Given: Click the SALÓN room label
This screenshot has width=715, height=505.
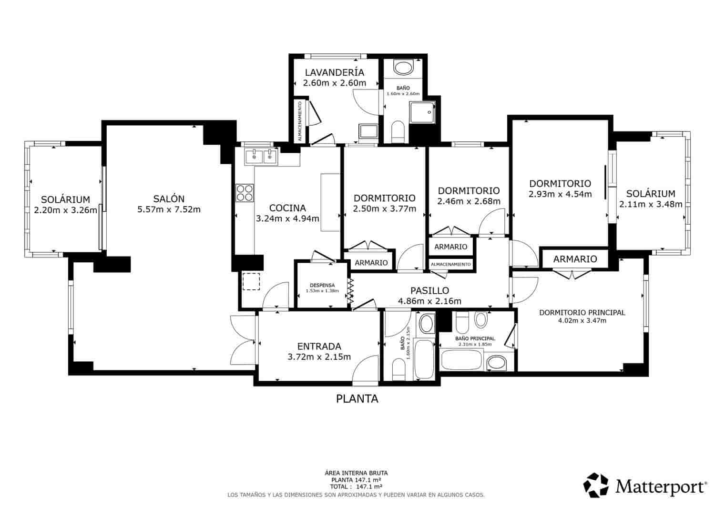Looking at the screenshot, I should pos(169,199).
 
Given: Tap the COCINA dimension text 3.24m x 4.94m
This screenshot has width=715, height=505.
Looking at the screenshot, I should pos(287,219).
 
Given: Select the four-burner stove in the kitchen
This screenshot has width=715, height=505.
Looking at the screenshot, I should pos(245,193).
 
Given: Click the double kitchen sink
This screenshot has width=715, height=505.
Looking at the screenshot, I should pos(261,156).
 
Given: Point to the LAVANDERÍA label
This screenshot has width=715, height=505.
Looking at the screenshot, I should pos(334,72).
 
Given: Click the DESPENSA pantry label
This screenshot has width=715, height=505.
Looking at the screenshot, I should pos(322,285).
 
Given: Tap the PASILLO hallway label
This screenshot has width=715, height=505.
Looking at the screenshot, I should pos(429,290).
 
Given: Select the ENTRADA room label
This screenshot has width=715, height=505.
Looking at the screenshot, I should pos(319,347).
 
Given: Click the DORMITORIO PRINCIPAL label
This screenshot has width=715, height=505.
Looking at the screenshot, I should pos(582,313).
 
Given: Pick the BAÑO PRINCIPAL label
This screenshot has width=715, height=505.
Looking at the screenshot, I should pos(474,338).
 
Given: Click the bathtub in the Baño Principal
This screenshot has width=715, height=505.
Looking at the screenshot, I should pos(462,360).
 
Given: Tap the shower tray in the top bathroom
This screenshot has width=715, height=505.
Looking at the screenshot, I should pos(423,112).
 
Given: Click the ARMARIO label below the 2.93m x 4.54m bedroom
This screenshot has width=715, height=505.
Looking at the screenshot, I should pos(575,259).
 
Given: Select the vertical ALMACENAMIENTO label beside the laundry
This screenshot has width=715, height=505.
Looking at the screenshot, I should pos(299,121).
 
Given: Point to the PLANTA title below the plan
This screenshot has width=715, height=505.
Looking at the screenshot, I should pos(357,399).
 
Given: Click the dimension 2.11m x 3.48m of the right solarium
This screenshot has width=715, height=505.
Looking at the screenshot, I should pos(651,204).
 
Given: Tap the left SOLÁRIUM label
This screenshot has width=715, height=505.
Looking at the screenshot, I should pos(65,199).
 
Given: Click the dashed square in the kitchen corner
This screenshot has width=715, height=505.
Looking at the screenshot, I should pos(251,281).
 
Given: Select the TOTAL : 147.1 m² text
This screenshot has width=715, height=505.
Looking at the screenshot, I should pos(356,487).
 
